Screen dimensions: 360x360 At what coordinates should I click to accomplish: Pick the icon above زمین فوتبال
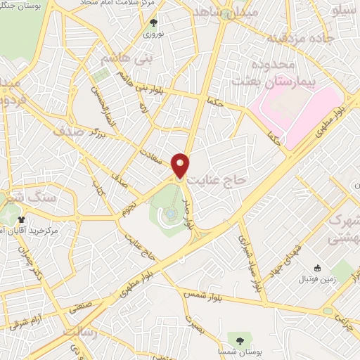click(x=317, y=268)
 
